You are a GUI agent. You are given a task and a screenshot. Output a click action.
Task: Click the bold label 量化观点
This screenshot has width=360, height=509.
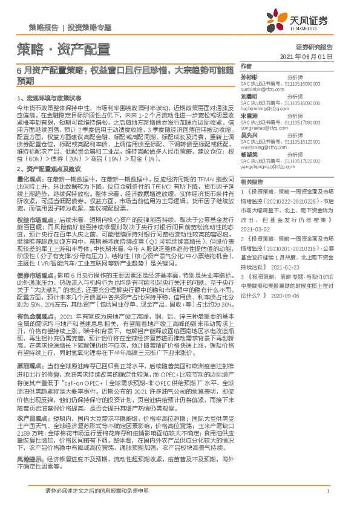(x=28, y=180)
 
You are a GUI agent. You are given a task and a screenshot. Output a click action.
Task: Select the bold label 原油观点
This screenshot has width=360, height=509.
(x=28, y=366)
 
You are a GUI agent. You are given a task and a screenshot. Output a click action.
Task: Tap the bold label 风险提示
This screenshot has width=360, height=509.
(x=28, y=459)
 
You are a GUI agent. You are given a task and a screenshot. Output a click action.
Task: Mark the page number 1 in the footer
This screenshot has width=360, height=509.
(x=327, y=491)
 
